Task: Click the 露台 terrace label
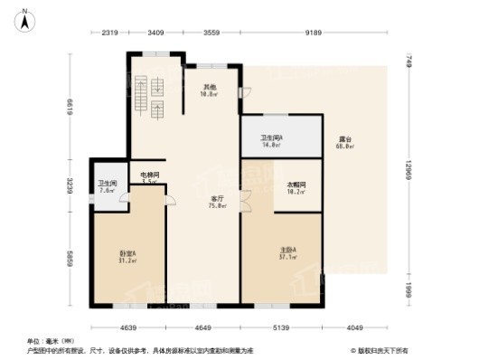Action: [344, 142]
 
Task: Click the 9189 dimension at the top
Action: [314, 33]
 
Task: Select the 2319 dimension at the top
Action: [109, 33]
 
